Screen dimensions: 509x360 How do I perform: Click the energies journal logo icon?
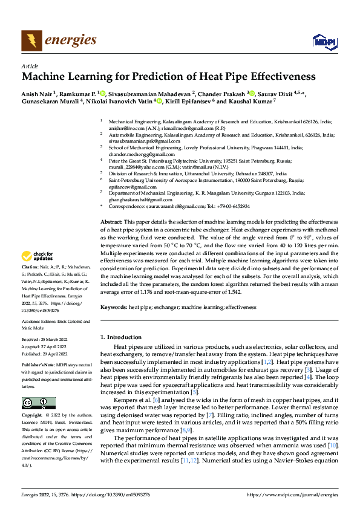click(29, 41)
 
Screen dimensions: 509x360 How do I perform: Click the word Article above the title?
click(30, 66)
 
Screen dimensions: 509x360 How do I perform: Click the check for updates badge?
click(39, 256)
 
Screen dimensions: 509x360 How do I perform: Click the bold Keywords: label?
click(113, 308)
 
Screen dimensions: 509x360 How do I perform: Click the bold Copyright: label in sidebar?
click(33, 415)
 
